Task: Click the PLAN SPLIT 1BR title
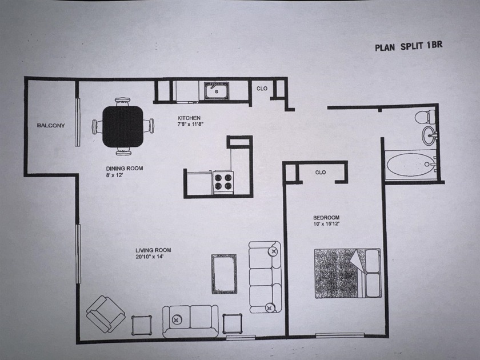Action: coord(408,47)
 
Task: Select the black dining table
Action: coord(123,126)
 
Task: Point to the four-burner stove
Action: coord(223,182)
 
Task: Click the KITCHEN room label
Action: coord(188,118)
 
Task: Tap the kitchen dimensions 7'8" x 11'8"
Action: coord(191,125)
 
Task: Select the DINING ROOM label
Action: coord(124,169)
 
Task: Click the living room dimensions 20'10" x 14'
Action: coord(153,257)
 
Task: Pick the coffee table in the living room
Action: coord(224,274)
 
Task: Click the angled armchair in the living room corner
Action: coord(105,314)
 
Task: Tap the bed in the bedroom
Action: coord(346,273)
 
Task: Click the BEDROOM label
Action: coord(326,218)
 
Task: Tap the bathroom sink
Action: coord(430,135)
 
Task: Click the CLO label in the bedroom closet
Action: coord(320,172)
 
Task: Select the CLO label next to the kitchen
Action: coord(262,89)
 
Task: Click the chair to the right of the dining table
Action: coord(149,126)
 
